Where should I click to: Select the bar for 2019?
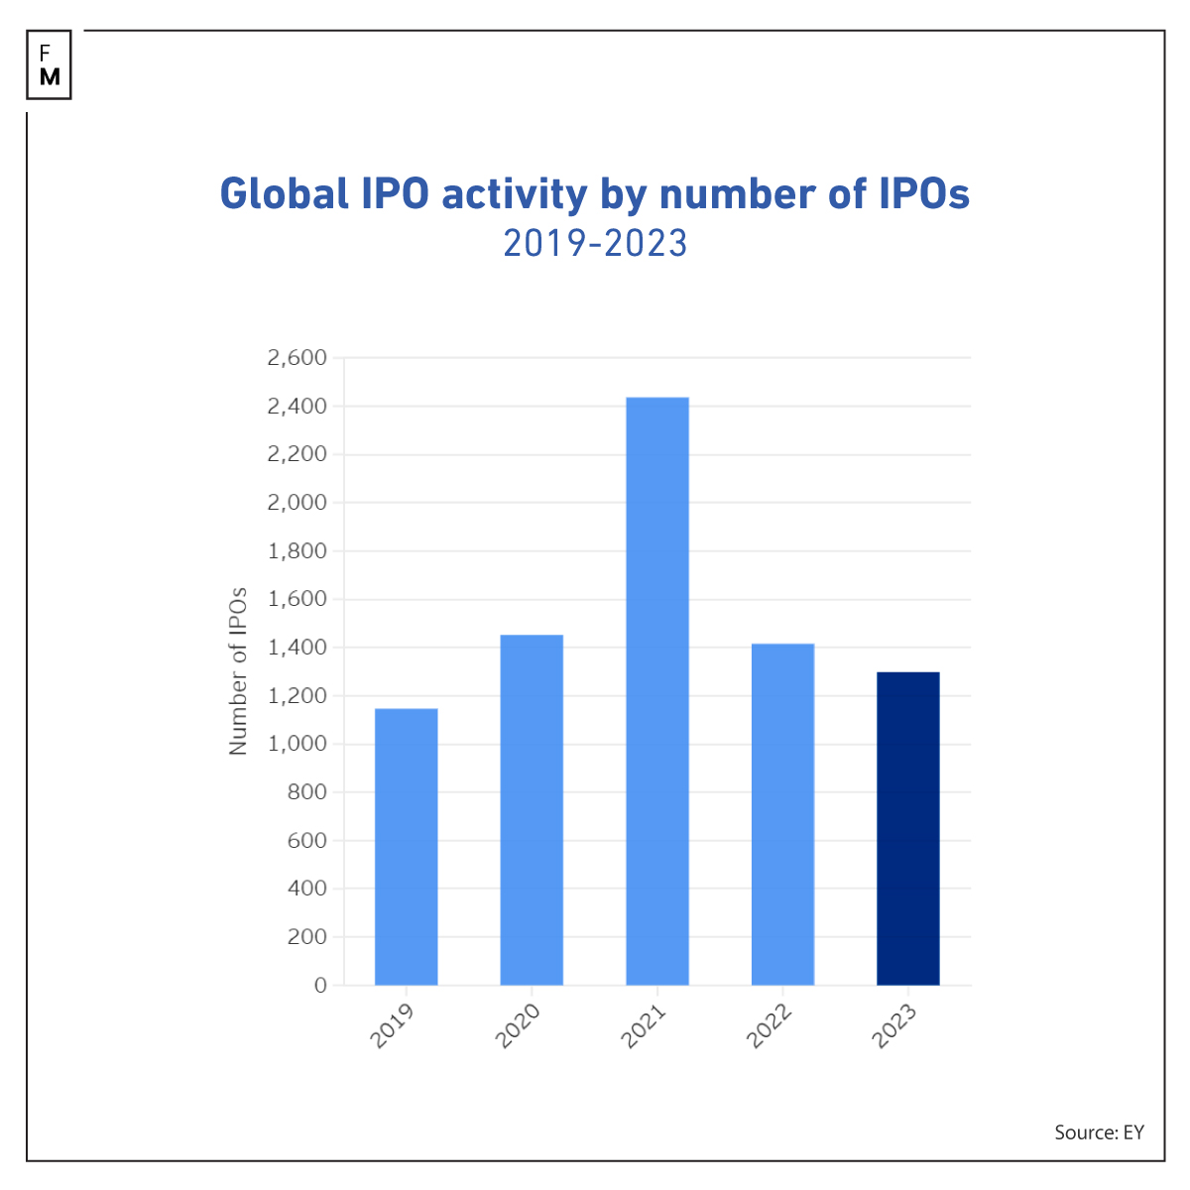406,847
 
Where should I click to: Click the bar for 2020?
532,810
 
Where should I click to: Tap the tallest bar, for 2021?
657,691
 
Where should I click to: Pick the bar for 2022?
782,814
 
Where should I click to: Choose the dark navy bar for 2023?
908,829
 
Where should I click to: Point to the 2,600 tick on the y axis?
297,358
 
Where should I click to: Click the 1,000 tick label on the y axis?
297,744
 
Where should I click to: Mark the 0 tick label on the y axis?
320,985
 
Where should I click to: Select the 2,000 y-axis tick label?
297,503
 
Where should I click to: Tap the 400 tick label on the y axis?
306,889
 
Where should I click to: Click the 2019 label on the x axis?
393,1027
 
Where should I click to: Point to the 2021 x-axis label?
644,1027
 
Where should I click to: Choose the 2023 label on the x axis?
894,1027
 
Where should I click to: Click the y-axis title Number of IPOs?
238,671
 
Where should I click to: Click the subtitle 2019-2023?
595,243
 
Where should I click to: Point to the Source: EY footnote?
1099,1132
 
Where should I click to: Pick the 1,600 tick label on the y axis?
297,599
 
